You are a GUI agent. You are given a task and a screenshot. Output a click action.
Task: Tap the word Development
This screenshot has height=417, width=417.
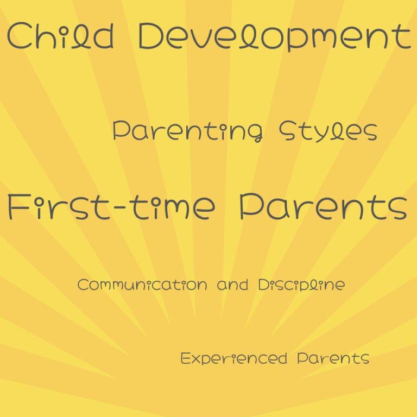tap(274, 37)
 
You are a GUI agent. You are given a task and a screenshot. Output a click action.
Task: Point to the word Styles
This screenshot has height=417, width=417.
tap(328, 131)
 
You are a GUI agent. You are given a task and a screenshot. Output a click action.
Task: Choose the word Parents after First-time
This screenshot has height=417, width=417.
tap(323, 207)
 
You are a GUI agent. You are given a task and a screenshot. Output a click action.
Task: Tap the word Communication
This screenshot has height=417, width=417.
tap(142, 285)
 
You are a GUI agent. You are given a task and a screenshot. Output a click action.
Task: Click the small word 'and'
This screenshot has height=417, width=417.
tap(229, 285)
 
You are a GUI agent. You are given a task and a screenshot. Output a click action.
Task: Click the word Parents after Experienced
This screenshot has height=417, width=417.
tap(333, 358)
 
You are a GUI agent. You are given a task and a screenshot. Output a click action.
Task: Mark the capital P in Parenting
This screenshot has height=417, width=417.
tap(121, 131)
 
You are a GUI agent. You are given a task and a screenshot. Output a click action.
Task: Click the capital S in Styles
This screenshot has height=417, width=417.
tap(287, 131)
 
